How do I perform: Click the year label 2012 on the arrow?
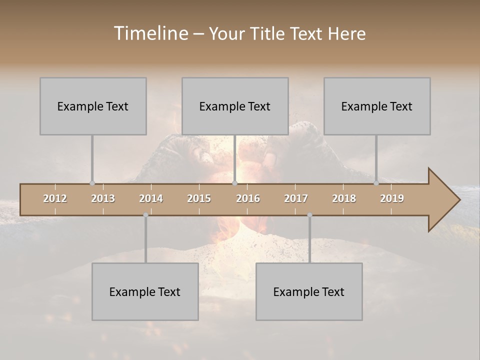[x=55, y=198]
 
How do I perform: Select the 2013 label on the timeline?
[x=103, y=198]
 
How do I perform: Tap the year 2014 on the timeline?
[x=151, y=198]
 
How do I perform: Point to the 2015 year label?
[x=199, y=198]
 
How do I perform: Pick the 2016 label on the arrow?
[x=248, y=198]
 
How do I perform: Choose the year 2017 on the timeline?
[x=296, y=198]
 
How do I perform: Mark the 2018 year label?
[x=344, y=198]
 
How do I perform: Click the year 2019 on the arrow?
[x=392, y=198]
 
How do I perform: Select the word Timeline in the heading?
[x=150, y=33]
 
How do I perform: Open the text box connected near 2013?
[x=93, y=106]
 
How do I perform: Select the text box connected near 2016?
[x=235, y=106]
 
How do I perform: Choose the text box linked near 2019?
[x=377, y=106]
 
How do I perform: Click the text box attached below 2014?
[x=145, y=291]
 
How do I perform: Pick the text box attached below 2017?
[x=309, y=291]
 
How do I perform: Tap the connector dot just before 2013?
[x=92, y=183]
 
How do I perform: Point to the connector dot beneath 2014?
[x=145, y=215]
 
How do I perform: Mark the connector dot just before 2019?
[x=376, y=183]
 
